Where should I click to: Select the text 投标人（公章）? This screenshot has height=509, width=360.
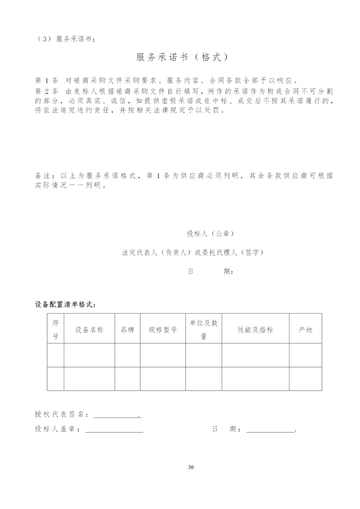click(x=210, y=233)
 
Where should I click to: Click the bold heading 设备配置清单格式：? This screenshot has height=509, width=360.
click(x=66, y=304)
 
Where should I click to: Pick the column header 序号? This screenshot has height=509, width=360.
click(x=56, y=329)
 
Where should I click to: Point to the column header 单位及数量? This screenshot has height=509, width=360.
click(x=204, y=329)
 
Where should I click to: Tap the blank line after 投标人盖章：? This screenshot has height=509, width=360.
click(x=114, y=429)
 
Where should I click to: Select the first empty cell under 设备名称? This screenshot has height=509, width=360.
click(x=89, y=355)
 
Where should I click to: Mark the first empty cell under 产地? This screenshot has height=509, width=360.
click(x=305, y=355)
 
